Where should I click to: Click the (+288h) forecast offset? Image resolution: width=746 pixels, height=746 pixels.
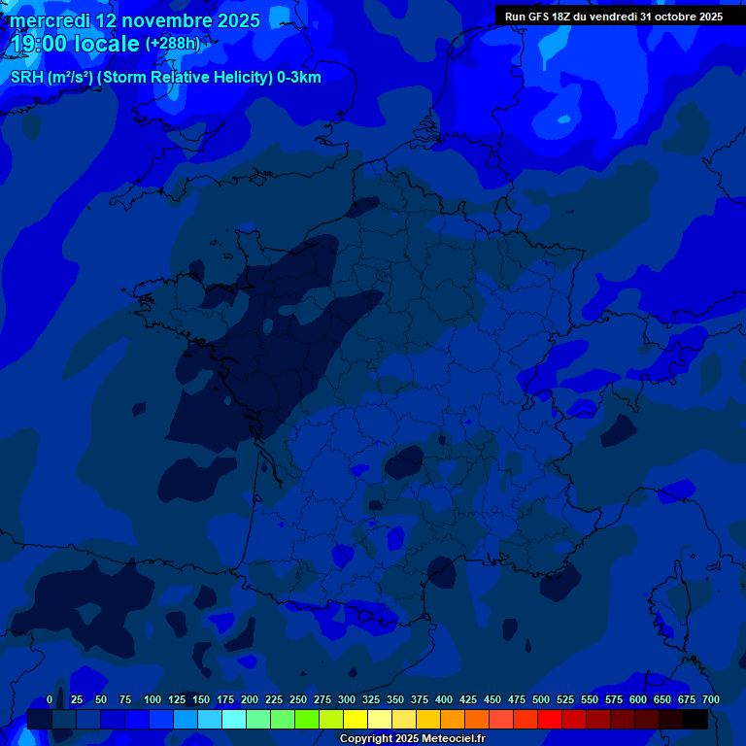172,44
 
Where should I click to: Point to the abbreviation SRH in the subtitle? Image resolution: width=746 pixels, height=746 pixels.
27,78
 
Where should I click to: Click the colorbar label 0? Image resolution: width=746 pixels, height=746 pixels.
50,699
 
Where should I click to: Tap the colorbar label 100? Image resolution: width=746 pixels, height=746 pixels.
153,699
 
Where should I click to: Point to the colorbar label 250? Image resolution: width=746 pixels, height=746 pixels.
298,699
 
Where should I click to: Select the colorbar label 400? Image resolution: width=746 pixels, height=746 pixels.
444,699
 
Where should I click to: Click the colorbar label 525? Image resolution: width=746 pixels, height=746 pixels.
565,699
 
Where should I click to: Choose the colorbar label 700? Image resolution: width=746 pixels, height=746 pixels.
711,699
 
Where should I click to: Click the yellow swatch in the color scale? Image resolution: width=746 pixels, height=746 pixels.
356,719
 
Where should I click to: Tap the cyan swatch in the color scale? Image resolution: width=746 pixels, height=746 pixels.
234,719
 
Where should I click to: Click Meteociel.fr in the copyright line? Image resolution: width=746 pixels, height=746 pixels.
454,739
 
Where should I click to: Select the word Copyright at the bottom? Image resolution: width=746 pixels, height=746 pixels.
366,739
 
